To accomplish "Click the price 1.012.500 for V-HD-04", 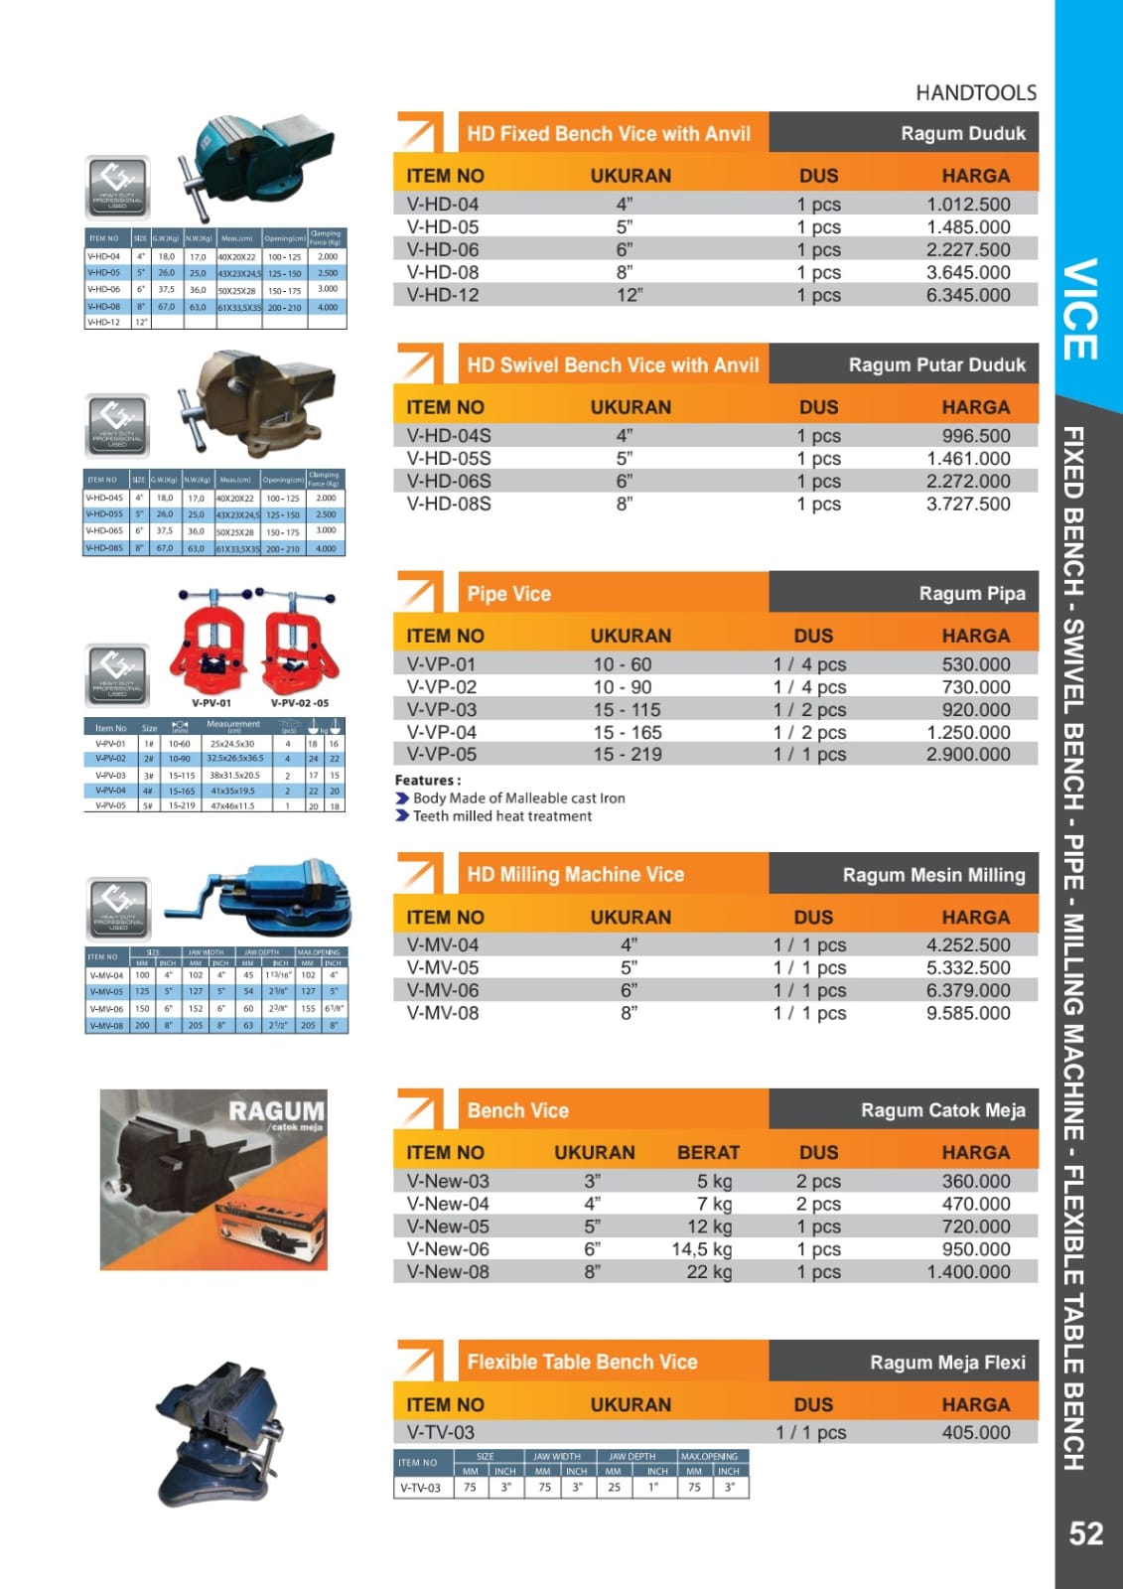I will point(967,205).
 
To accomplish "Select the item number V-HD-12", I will point(443,295).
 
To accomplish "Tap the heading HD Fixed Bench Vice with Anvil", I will point(609,134).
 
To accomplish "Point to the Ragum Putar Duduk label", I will point(936,365).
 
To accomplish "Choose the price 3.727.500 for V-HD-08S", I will point(967,505).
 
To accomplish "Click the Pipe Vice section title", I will point(508,594).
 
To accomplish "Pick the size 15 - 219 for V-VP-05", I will point(628,755).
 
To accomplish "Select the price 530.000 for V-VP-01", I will point(975,664).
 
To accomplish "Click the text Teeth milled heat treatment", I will point(501,816).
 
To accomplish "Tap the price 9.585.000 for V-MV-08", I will point(967,1014).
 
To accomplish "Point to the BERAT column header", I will point(708,1153).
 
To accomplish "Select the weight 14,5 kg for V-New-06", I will point(701,1249).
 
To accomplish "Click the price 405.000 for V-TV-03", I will point(975,1433).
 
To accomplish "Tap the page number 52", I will point(1085,1533).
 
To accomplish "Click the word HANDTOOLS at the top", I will point(975,93).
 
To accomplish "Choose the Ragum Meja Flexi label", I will point(947,1363).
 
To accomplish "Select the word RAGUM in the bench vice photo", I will point(276,1110).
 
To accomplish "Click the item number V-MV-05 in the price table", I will point(443,968).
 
